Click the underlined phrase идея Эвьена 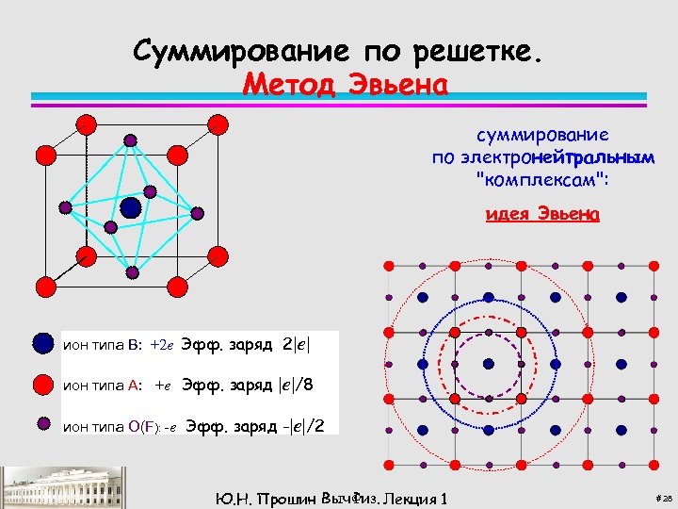541,214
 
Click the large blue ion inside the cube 131,206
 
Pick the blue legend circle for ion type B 42,343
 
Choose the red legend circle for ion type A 42,385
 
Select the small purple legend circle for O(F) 42,423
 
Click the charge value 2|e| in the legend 297,344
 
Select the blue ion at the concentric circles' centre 489,364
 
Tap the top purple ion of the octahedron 130,140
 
